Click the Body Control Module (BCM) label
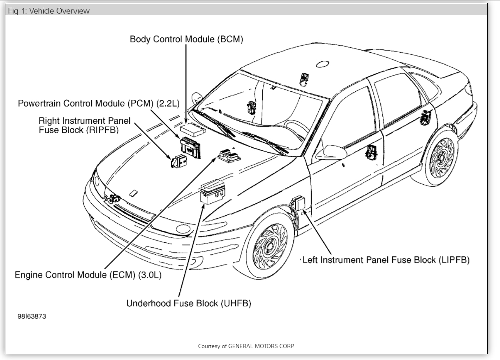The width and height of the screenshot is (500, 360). click(186, 39)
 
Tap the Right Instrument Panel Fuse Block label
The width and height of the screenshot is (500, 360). click(84, 125)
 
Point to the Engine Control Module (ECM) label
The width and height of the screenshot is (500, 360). click(88, 275)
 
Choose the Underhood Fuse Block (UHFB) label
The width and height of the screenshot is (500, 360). click(188, 303)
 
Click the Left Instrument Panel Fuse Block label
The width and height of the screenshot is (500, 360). click(386, 260)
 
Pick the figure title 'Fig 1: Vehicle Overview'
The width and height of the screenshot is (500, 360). click(49, 11)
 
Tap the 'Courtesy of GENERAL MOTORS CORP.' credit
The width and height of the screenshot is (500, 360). click(246, 346)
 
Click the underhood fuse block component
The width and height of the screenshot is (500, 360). click(212, 191)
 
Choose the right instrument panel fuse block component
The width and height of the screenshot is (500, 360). click(178, 161)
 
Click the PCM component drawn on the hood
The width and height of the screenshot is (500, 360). click(191, 148)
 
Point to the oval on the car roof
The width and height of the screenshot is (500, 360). click(322, 64)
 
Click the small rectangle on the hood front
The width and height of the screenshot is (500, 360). click(133, 193)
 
